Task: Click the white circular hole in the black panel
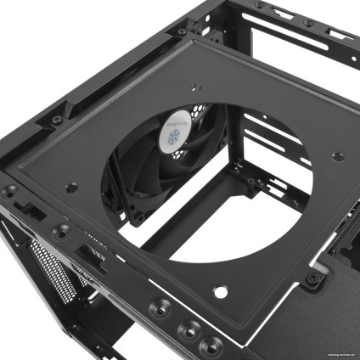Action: click(x=221, y=292)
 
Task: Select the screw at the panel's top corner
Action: click(x=182, y=32)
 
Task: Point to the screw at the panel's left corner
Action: click(x=12, y=190)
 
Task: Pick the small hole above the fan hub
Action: click(x=195, y=86)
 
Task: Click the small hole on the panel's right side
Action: click(x=337, y=155)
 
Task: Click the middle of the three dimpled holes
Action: click(x=183, y=324)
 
